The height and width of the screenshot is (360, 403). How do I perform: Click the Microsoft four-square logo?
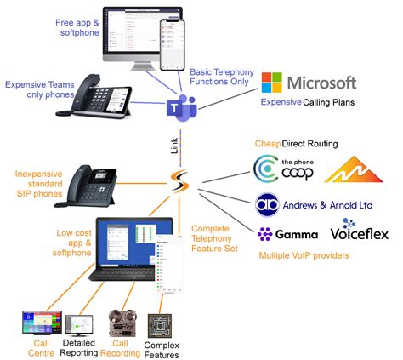point(272,83)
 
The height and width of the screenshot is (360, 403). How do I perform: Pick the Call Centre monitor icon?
point(37,323)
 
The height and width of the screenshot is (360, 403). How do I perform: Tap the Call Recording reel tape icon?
point(120,324)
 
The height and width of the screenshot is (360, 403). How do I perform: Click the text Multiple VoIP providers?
point(309,253)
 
